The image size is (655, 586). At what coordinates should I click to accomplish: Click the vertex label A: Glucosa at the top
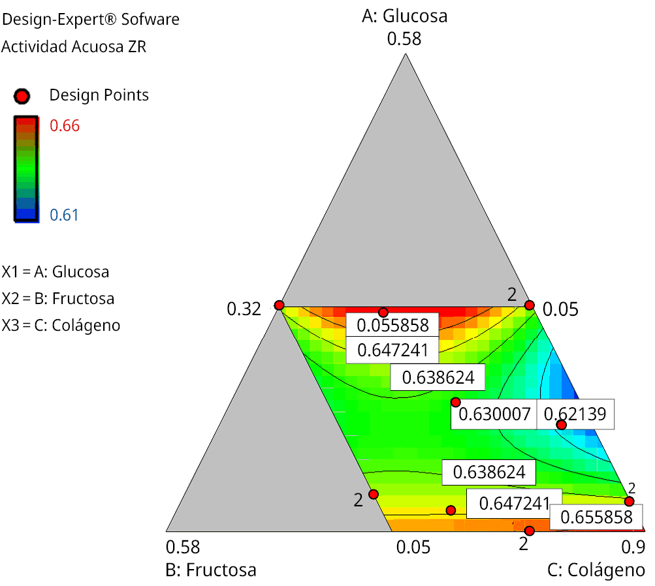click(405, 16)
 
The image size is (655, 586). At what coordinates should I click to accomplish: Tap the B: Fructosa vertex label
click(211, 570)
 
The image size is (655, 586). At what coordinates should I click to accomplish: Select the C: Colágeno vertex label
click(596, 570)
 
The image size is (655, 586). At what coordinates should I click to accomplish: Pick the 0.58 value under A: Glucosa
click(404, 39)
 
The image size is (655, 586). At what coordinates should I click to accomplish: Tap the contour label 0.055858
click(388, 324)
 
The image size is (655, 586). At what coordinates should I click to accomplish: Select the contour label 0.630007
click(494, 414)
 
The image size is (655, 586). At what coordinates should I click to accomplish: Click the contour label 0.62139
click(575, 414)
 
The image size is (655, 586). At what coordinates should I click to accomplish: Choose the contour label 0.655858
click(596, 517)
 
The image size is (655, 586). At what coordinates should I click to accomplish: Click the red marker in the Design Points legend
click(22, 96)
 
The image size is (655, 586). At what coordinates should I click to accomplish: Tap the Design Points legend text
click(99, 95)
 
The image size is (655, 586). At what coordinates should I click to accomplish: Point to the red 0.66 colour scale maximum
click(65, 125)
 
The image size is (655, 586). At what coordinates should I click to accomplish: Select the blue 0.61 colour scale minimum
click(64, 215)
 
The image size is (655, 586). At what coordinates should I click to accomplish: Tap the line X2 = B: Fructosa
click(58, 298)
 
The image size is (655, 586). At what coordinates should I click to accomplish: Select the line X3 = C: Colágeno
click(61, 325)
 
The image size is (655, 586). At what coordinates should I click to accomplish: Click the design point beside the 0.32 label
click(279, 305)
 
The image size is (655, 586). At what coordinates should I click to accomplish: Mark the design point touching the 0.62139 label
click(561, 425)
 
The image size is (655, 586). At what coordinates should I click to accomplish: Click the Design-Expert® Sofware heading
click(91, 20)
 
